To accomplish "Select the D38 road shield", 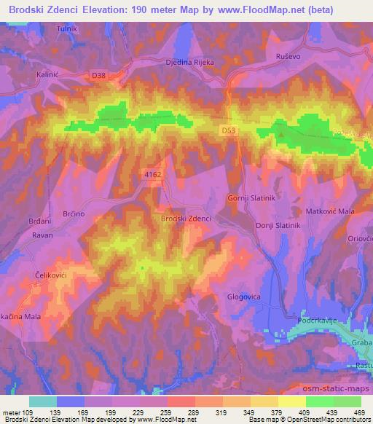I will pos(98,74).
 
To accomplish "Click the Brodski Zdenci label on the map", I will pos(186,219).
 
